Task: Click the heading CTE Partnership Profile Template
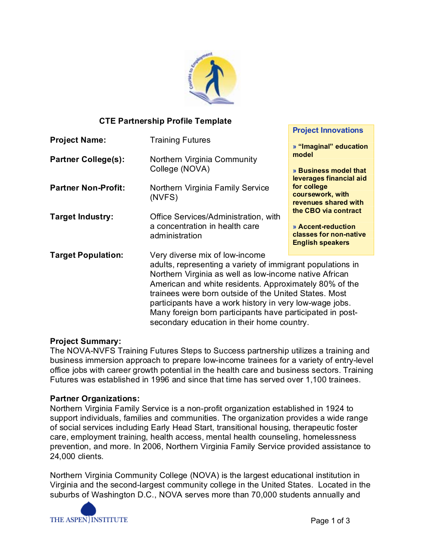tap(165, 121)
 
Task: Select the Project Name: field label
tap(78, 140)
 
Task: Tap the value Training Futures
tap(180, 140)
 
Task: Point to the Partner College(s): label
tap(87, 159)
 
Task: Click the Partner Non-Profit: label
tap(87, 188)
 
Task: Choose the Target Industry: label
tap(81, 217)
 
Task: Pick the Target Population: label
tap(87, 255)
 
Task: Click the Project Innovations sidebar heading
tap(328, 130)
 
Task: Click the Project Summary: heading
tap(85, 341)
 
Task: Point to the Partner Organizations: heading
tap(95, 399)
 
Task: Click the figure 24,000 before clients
tap(63, 456)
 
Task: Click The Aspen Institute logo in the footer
tap(89, 514)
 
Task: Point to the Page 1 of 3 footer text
tap(330, 521)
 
